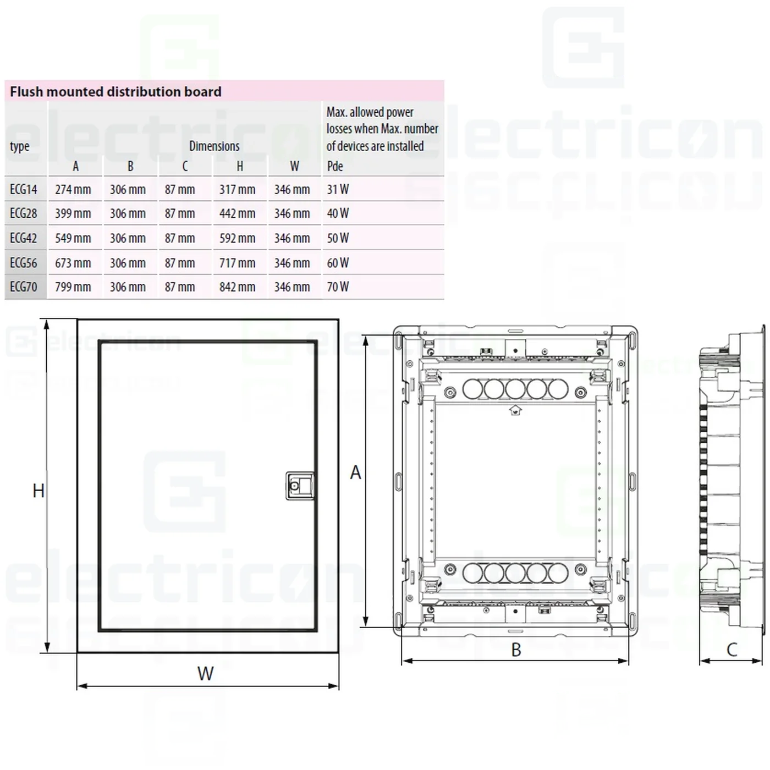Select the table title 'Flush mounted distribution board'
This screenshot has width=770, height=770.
[x=116, y=91]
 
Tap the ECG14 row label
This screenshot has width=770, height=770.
[x=24, y=189]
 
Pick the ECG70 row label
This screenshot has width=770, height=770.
[x=24, y=287]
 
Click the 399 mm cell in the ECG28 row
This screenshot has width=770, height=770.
[x=73, y=213]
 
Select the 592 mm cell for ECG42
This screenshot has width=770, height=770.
[x=237, y=238]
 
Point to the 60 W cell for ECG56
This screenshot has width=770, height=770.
[x=338, y=263]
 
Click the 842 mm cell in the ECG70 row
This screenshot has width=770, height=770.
[x=237, y=287]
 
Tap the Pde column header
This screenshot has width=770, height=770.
[x=335, y=166]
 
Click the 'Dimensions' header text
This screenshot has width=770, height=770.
[x=214, y=146]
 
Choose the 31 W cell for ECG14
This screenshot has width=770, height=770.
[x=338, y=189]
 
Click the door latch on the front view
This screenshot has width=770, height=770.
[x=300, y=486]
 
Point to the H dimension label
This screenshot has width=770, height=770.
[x=38, y=491]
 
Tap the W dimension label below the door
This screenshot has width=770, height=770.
[x=206, y=673]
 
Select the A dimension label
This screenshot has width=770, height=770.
[x=356, y=472]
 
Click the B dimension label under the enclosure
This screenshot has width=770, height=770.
[x=516, y=650]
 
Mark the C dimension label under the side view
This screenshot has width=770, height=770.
[x=732, y=650]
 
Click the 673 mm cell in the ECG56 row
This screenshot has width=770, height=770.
[x=73, y=263]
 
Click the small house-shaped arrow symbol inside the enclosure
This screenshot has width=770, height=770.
[x=515, y=410]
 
